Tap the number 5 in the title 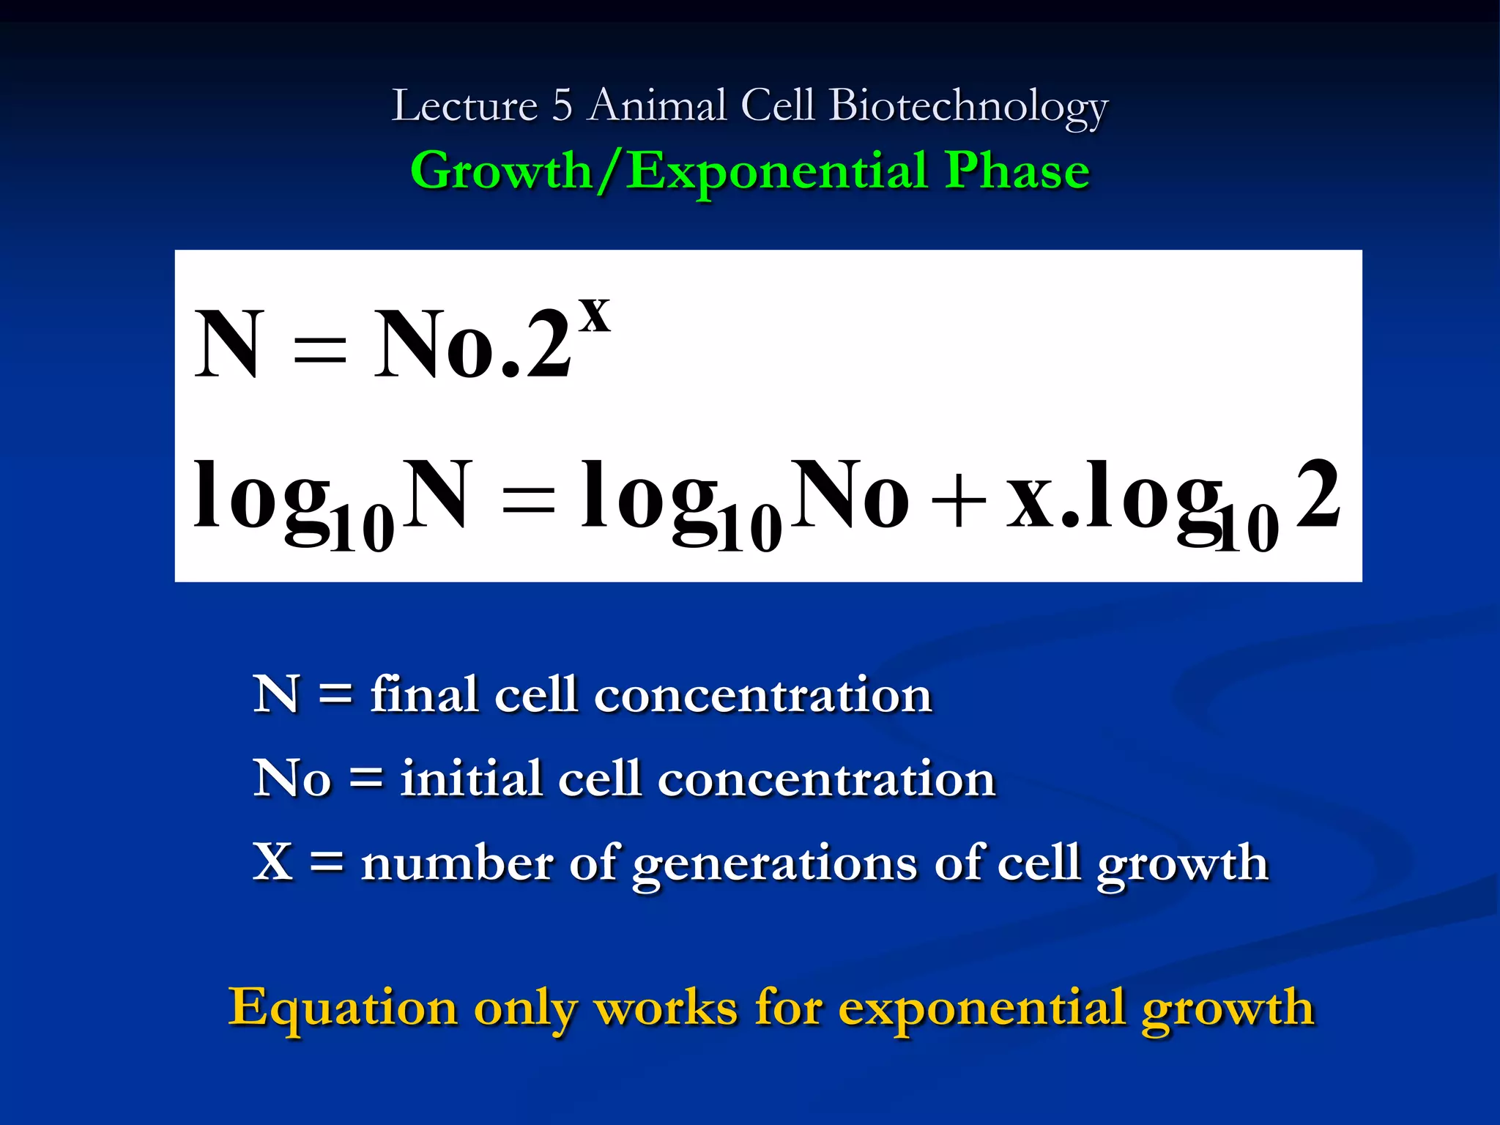[x=562, y=105]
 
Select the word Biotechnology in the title [x=968, y=107]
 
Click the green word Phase [x=1017, y=171]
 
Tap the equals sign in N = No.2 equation [x=319, y=348]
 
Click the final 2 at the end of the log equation [x=1318, y=494]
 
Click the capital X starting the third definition [x=272, y=861]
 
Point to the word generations [x=775, y=865]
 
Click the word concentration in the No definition [x=826, y=779]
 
